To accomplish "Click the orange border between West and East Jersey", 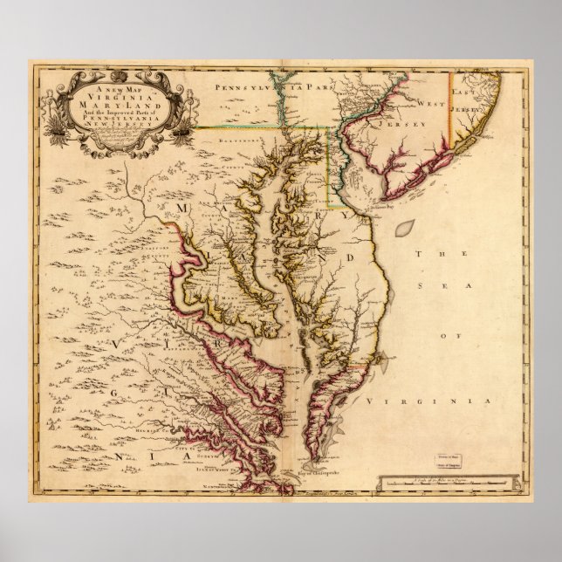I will pos(450,105).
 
